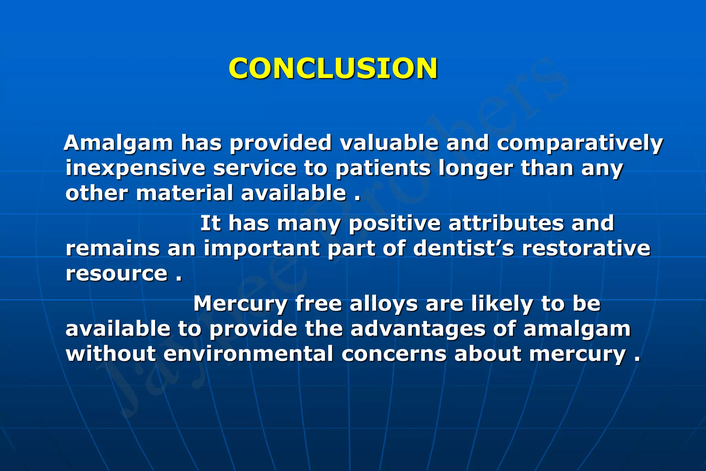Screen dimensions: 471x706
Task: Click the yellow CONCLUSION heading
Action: (333, 68)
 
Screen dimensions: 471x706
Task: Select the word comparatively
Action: (580, 143)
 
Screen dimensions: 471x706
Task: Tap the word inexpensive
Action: (135, 168)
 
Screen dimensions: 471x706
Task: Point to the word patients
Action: (383, 168)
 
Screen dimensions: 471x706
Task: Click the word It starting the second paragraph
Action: (210, 223)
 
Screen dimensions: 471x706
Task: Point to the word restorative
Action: (586, 248)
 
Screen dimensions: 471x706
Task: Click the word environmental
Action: (248, 354)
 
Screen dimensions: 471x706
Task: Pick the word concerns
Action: (394, 354)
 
